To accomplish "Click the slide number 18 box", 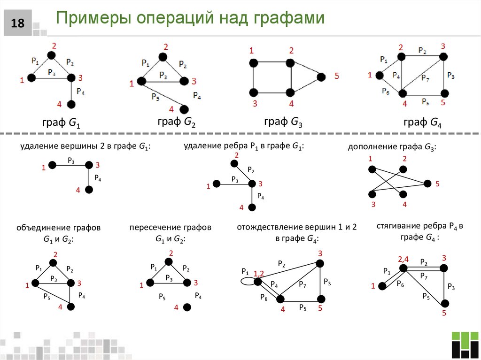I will pyautogui.click(x=18, y=23).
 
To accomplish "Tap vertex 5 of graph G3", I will pyautogui.click(x=321, y=77).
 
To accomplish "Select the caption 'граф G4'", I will pyautogui.click(x=422, y=123).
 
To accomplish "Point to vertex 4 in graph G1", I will pyautogui.click(x=71, y=104).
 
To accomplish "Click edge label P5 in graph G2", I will pyautogui.click(x=155, y=97).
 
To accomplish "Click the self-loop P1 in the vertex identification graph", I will pyautogui.click(x=247, y=281).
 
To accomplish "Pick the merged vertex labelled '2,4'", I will pyautogui.click(x=403, y=268).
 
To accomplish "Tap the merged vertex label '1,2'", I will pyautogui.click(x=259, y=274).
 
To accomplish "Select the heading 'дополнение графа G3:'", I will pyautogui.click(x=392, y=147).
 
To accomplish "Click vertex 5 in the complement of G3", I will pyautogui.click(x=427, y=183).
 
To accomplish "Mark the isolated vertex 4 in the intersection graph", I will pyautogui.click(x=186, y=307).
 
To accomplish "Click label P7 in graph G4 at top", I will pyautogui.click(x=425, y=78).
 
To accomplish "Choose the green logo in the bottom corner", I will pyautogui.click(x=464, y=345).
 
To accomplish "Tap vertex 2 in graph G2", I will pyautogui.click(x=162, y=57).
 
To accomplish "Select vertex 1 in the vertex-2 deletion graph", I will pyautogui.click(x=53, y=165).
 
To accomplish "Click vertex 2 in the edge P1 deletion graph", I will pyautogui.click(x=233, y=163).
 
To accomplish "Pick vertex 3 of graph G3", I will pyautogui.click(x=254, y=92).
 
